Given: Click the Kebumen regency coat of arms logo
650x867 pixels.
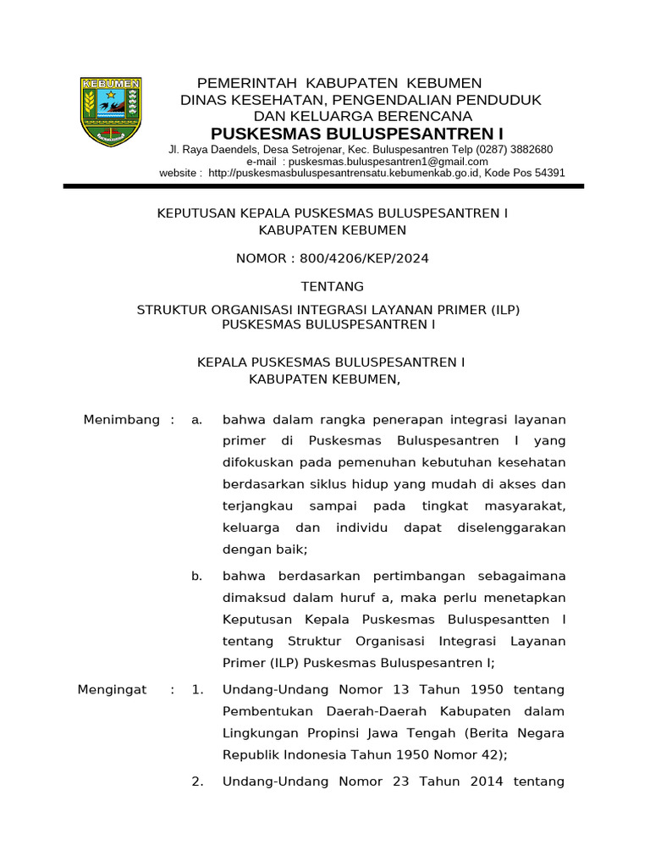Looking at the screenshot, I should (111, 111).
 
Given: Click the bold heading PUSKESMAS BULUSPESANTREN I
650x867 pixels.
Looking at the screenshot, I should (356, 134).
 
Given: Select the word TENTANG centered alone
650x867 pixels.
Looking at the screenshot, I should (333, 286).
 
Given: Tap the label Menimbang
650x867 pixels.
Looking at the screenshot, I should (122, 420).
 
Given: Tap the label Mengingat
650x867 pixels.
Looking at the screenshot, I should (113, 690).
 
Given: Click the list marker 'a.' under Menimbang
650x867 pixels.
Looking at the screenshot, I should (196, 420).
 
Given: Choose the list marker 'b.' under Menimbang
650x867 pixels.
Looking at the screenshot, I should (196, 576).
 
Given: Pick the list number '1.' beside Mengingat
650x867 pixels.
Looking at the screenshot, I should (197, 690).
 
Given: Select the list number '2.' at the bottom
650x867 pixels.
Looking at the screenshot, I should (197, 781).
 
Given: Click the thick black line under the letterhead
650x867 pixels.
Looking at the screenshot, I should (324, 185).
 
